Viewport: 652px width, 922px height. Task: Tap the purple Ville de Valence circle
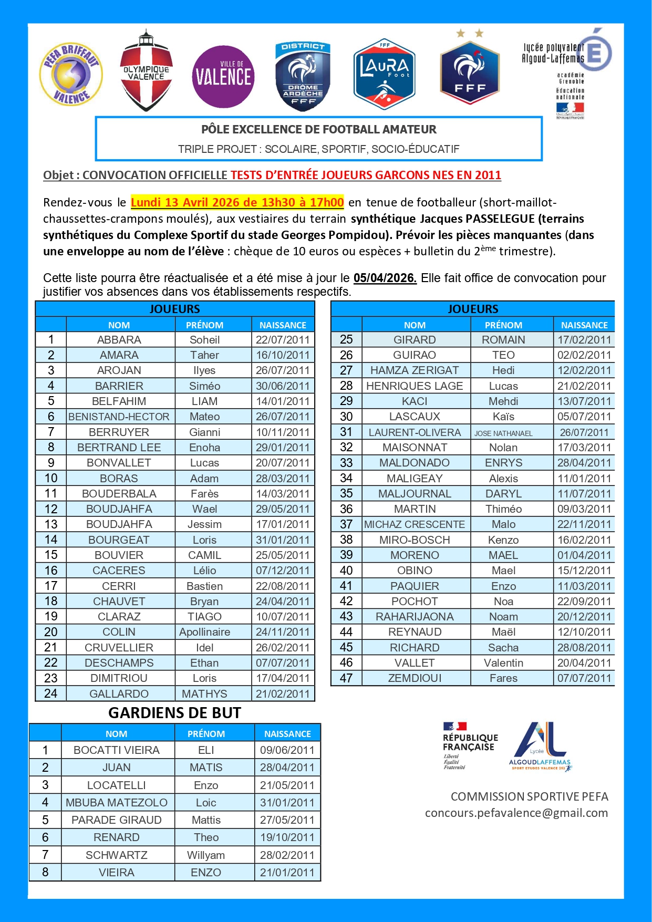(x=223, y=77)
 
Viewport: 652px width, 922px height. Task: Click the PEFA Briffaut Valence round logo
(x=71, y=74)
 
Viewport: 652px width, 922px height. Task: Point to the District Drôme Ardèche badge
(x=303, y=76)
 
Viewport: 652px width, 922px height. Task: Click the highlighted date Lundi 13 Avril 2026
(x=237, y=202)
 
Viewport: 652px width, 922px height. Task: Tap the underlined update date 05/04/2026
(x=385, y=278)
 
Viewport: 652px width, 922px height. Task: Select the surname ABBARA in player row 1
(x=119, y=340)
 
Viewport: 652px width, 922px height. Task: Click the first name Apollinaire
(x=204, y=632)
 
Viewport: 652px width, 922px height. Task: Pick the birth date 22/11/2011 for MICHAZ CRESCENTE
(x=584, y=524)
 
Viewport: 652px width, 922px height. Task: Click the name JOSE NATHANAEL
(x=503, y=433)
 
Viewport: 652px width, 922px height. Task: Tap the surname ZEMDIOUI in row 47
(x=415, y=678)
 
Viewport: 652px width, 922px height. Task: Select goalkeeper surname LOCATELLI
(x=116, y=785)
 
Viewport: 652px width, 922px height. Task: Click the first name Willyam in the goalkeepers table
(x=206, y=855)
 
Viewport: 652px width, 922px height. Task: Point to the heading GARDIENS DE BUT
(x=174, y=713)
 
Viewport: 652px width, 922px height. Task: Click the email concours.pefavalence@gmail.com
(x=516, y=813)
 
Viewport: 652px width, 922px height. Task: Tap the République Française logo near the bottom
(x=469, y=746)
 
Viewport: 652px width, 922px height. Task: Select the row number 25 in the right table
(x=346, y=339)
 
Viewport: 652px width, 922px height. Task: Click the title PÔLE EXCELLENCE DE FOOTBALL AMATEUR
(x=318, y=130)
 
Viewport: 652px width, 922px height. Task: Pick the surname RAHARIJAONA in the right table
(x=415, y=617)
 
